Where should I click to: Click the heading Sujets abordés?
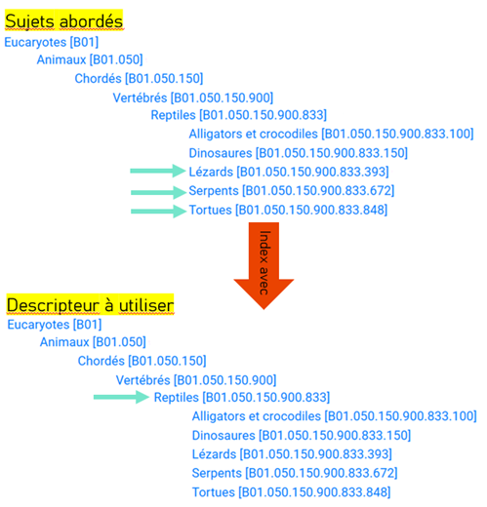(x=64, y=21)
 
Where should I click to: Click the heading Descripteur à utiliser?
(x=91, y=305)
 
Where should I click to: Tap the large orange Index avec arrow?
(x=264, y=266)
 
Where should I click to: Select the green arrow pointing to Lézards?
(x=158, y=171)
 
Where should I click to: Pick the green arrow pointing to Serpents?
(x=158, y=192)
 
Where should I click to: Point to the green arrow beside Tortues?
(x=158, y=212)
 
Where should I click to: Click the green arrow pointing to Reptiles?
(x=121, y=397)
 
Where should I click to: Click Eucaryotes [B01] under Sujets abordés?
(x=52, y=42)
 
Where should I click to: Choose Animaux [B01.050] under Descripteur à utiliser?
(x=93, y=342)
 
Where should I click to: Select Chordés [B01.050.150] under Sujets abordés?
(x=139, y=79)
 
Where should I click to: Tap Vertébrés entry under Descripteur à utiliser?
(x=196, y=380)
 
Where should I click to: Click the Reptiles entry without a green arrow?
(x=239, y=115)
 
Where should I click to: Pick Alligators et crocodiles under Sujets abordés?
(x=331, y=134)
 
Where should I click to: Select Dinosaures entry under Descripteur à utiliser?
(x=302, y=436)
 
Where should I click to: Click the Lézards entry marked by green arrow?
(x=289, y=172)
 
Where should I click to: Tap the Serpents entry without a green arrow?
(x=295, y=473)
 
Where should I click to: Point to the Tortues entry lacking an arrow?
(x=292, y=492)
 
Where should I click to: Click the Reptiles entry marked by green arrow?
(x=242, y=398)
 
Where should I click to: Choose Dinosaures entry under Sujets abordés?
(x=299, y=153)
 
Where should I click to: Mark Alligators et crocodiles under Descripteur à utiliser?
(x=335, y=416)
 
